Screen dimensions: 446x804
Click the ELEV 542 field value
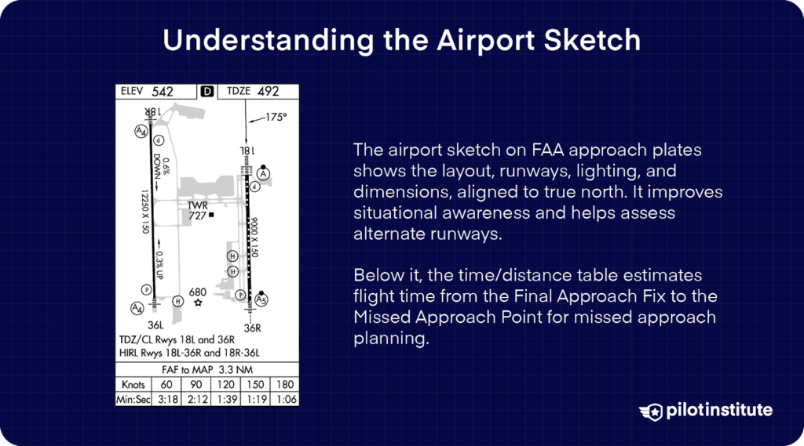pos(163,92)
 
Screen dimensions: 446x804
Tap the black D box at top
pos(207,92)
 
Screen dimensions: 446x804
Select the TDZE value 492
pos(268,92)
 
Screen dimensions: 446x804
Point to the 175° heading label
pos(276,117)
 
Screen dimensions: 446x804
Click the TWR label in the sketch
pos(197,205)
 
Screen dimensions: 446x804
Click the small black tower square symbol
pos(211,215)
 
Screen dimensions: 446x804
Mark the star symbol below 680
pos(199,303)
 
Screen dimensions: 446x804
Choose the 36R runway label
pos(252,328)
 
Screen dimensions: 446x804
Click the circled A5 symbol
pos(262,300)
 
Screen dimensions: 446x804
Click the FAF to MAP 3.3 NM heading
pos(207,369)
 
